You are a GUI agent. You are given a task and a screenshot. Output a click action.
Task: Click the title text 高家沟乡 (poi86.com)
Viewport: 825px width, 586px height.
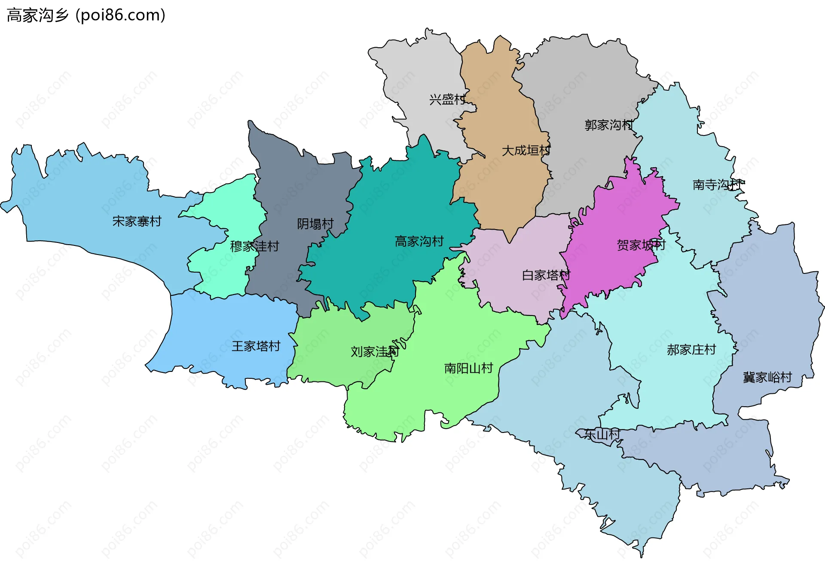pyautogui.click(x=86, y=15)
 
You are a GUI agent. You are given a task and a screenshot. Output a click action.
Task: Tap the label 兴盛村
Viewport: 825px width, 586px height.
pyautogui.click(x=447, y=100)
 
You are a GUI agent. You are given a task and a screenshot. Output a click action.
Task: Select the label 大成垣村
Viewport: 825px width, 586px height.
pyautogui.click(x=526, y=150)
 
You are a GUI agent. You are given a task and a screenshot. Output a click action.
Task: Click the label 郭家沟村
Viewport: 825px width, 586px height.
pyautogui.click(x=609, y=125)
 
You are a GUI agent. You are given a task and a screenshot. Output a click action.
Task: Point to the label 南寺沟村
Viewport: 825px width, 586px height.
pyautogui.click(x=718, y=185)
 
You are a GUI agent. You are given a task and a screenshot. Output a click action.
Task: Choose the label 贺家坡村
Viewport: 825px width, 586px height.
pyautogui.click(x=641, y=245)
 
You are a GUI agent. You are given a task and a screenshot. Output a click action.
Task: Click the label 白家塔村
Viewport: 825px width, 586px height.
pyautogui.click(x=546, y=275)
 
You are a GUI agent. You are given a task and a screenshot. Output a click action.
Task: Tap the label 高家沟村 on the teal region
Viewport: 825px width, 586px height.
pyautogui.click(x=419, y=241)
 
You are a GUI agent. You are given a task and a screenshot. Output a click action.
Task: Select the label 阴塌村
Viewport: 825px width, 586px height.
pyautogui.click(x=315, y=224)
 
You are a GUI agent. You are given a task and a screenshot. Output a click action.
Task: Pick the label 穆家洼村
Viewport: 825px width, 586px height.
pyautogui.click(x=254, y=246)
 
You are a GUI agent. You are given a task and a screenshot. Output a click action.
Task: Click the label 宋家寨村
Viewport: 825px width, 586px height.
pyautogui.click(x=137, y=221)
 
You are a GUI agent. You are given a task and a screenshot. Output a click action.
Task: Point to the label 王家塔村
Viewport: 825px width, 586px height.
pyautogui.click(x=256, y=346)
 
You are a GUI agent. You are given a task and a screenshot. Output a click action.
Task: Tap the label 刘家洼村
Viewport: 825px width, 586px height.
pyautogui.click(x=375, y=352)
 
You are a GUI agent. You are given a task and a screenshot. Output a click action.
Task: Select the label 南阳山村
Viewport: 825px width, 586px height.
pyautogui.click(x=468, y=368)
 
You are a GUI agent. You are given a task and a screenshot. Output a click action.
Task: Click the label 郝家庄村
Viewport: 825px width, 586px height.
pyautogui.click(x=691, y=350)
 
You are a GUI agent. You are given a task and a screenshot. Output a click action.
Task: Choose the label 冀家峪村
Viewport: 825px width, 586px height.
pyautogui.click(x=767, y=377)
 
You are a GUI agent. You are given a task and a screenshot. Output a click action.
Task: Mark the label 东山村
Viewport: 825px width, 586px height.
pyautogui.click(x=602, y=434)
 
